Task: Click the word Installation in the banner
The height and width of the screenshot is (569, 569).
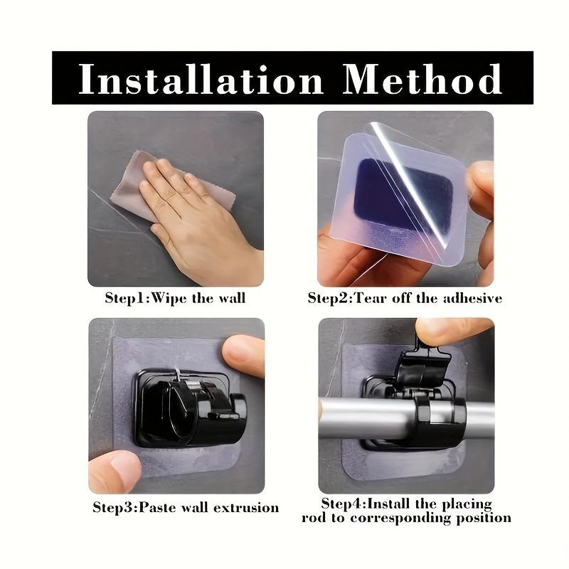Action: click(201, 79)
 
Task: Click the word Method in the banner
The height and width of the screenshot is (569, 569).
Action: click(422, 79)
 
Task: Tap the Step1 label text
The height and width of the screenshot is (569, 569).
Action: click(126, 298)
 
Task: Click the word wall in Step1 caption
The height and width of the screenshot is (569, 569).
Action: click(230, 298)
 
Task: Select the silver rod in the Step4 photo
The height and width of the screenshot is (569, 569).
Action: click(356, 417)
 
